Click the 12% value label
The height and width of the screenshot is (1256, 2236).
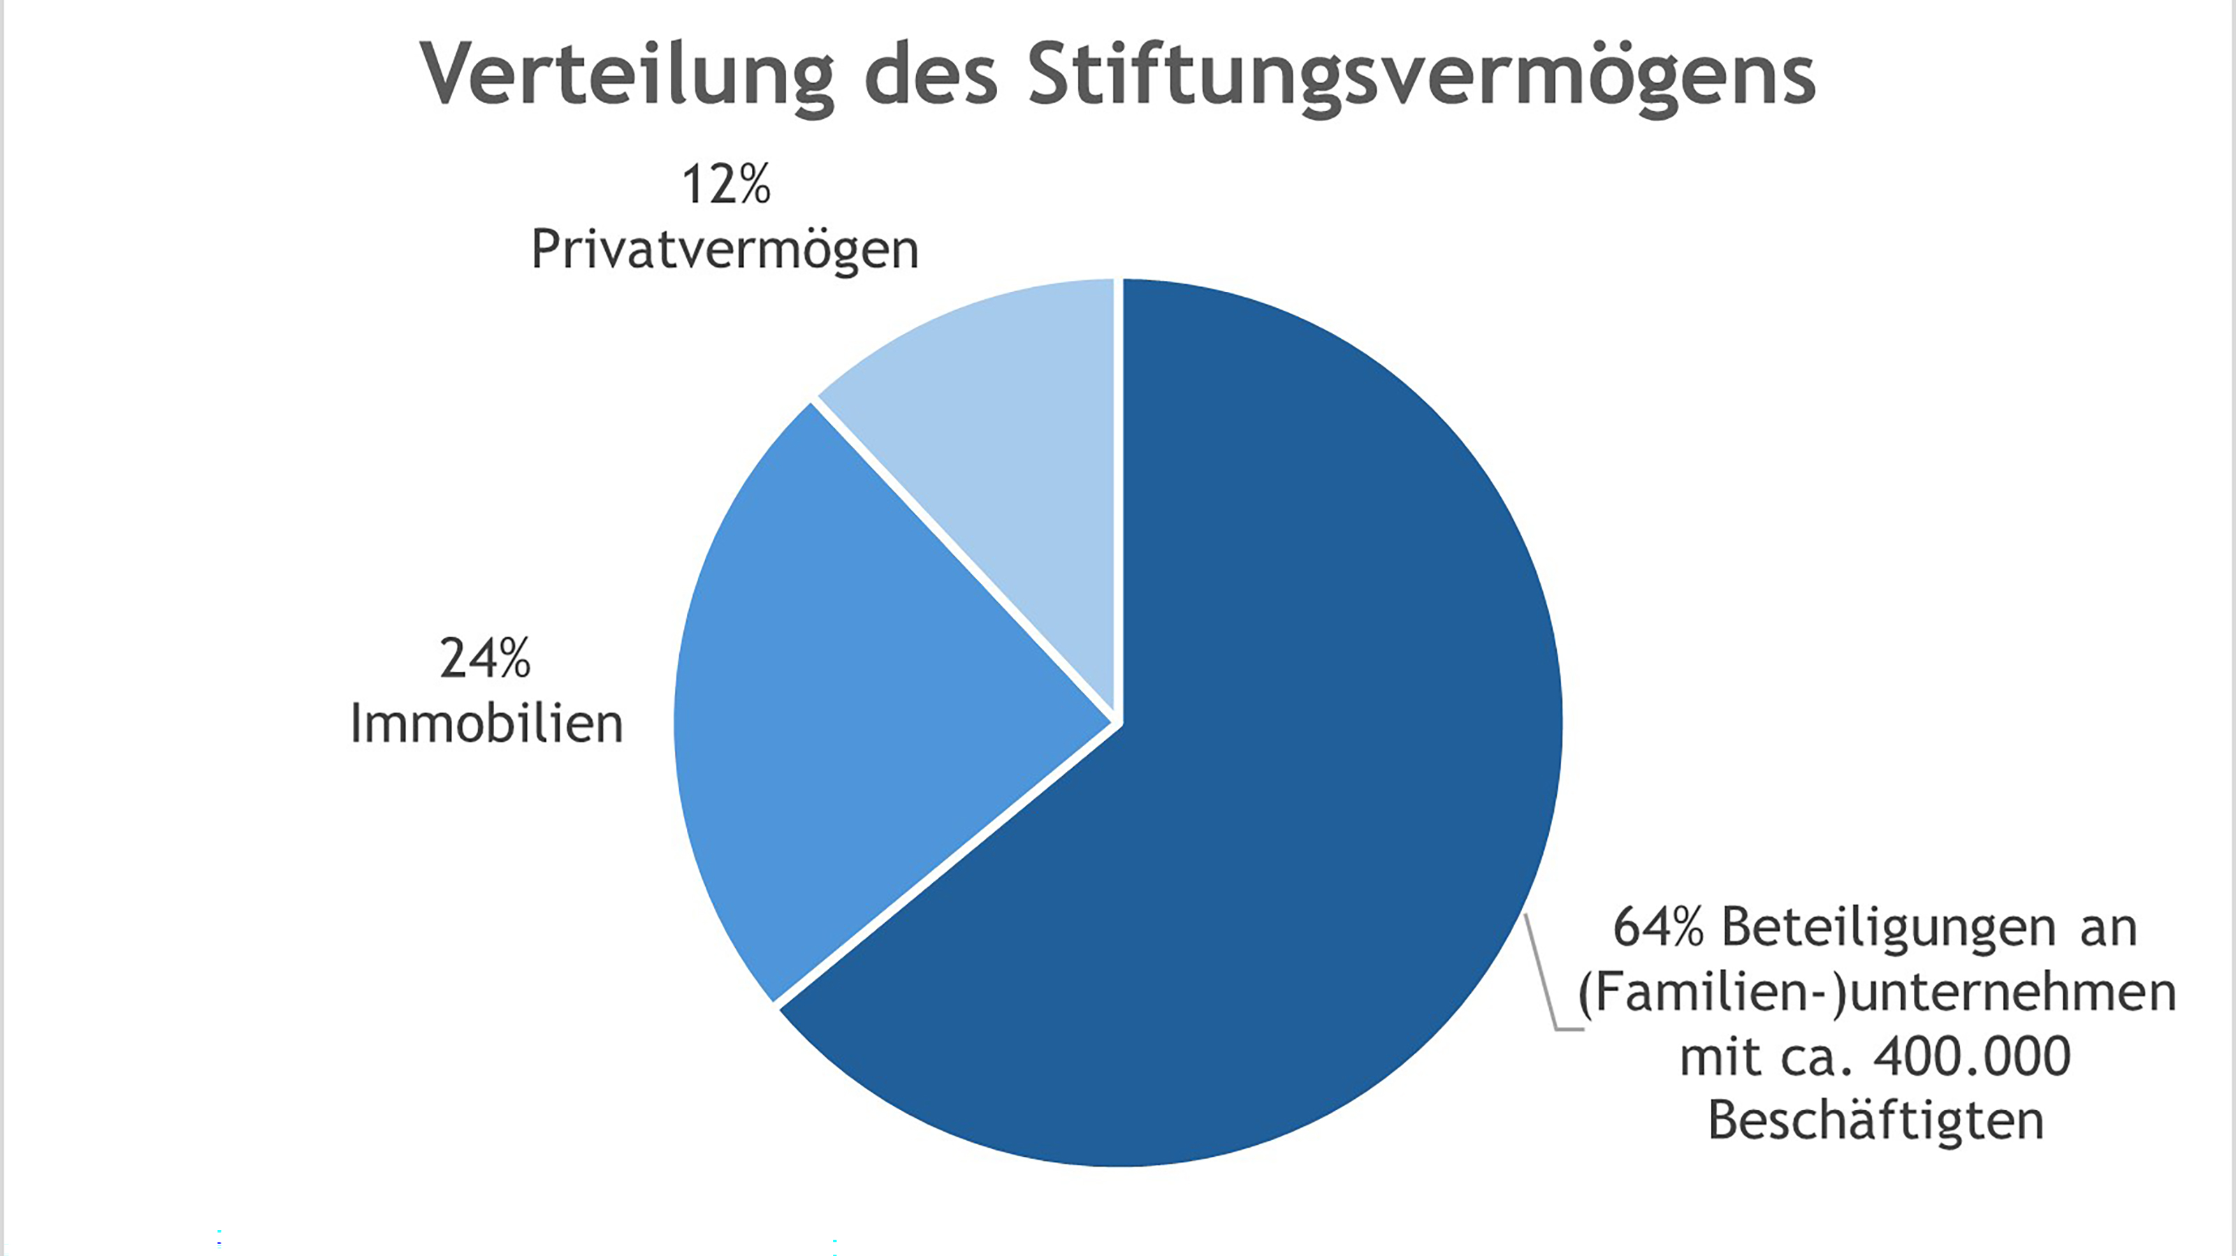point(726,185)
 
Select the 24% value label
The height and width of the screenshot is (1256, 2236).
point(484,659)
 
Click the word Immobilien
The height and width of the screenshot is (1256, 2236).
point(487,724)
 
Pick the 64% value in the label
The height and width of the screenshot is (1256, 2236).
point(1658,928)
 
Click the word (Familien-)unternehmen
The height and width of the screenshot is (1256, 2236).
point(1877,993)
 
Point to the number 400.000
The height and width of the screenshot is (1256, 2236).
point(1971,1057)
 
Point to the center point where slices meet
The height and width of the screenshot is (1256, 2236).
point(1118,722)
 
